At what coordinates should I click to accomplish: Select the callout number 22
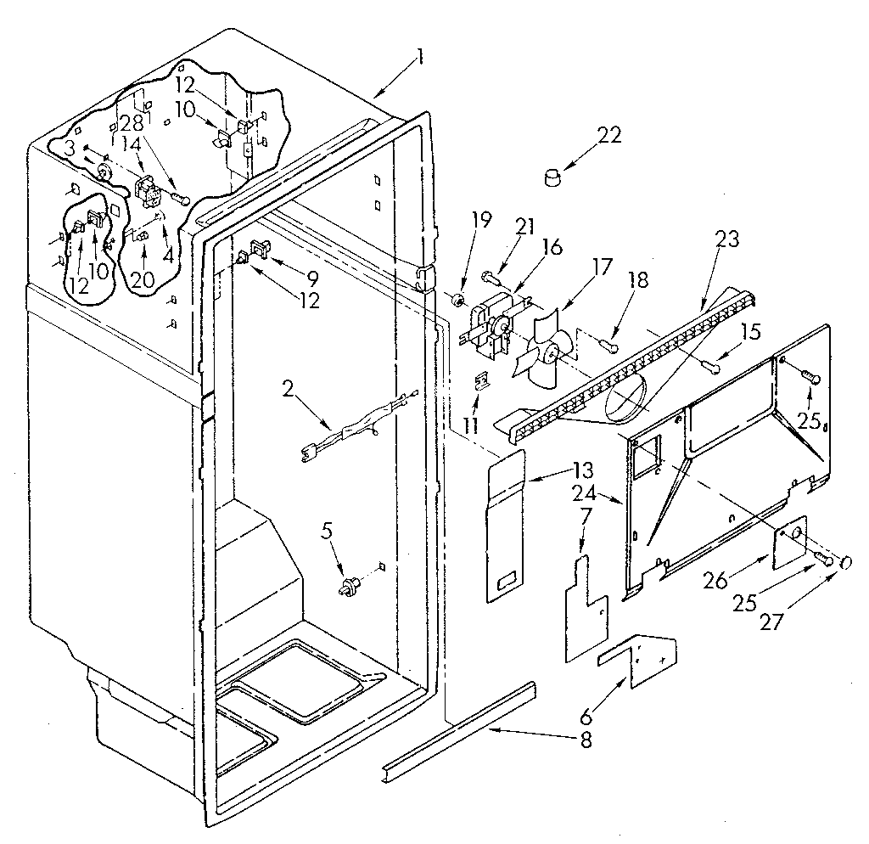point(608,135)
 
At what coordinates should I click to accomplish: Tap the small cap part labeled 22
point(553,177)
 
